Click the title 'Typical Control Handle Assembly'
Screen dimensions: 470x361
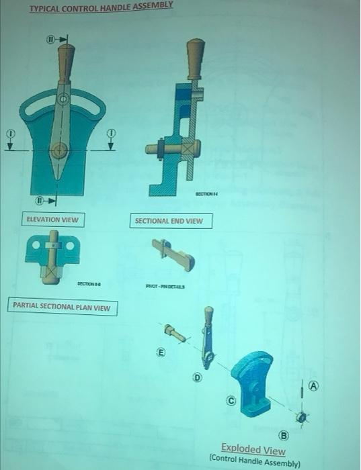coord(101,7)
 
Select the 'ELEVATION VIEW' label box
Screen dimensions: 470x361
coord(52,220)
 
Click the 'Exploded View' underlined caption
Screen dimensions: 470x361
coord(253,451)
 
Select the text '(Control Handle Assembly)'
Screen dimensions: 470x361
coord(255,463)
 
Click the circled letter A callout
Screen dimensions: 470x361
coord(314,386)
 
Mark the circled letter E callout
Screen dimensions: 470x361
coord(160,350)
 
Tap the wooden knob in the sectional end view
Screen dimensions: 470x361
coord(195,52)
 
